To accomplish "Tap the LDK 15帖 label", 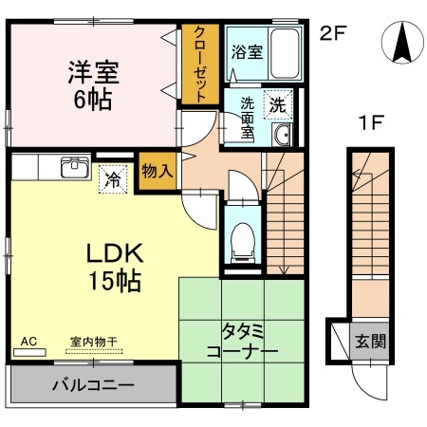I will point(115,267).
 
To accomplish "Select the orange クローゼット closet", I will point(201,65).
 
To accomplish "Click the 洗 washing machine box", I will point(278,102).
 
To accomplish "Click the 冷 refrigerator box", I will point(113,177).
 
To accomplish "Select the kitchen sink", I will point(75,167).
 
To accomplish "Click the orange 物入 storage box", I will point(156,173).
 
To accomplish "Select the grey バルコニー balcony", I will point(92,385).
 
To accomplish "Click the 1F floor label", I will point(371,121).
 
